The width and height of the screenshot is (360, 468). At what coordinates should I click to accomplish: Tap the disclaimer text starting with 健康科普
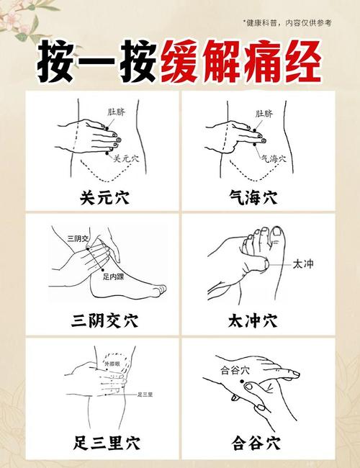(287, 23)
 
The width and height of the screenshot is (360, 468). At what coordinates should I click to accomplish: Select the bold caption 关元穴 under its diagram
(100, 197)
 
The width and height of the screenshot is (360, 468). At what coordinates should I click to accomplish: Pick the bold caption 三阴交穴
(100, 319)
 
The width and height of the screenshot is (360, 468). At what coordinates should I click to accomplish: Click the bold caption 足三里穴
(100, 441)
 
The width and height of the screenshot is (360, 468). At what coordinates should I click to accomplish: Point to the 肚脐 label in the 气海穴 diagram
(264, 113)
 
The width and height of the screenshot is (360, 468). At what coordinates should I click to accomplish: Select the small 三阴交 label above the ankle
(78, 238)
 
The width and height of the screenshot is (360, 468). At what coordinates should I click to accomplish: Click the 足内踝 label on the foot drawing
(113, 276)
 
